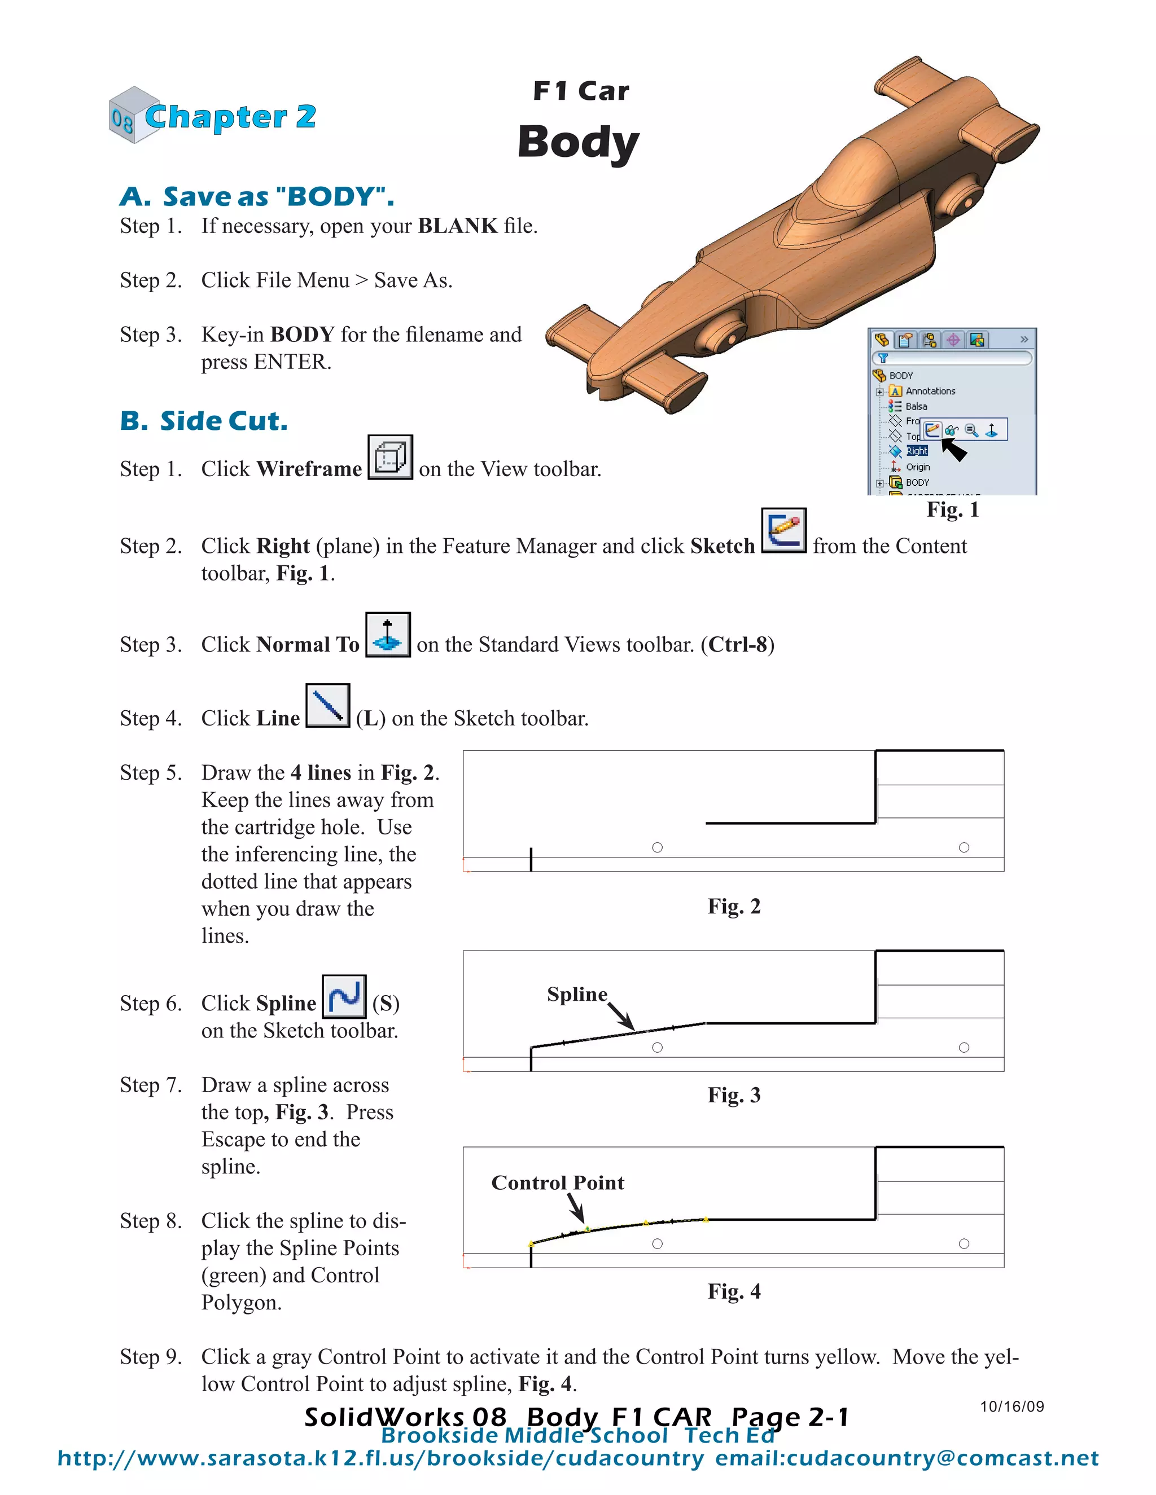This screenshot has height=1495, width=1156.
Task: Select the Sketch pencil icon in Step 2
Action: tap(783, 530)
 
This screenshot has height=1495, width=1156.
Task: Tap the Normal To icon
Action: tap(388, 635)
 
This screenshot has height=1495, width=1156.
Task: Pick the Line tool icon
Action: tap(327, 706)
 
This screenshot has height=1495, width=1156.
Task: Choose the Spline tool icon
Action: tap(344, 997)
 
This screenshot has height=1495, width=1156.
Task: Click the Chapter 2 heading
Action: tap(230, 117)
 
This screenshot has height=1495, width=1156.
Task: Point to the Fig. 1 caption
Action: tap(953, 510)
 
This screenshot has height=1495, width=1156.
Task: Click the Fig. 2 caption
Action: tap(734, 907)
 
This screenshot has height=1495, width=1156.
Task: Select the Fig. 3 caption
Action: tap(734, 1095)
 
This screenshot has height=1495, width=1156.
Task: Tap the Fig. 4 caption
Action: tap(734, 1292)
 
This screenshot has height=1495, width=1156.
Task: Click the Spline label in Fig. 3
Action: tap(577, 995)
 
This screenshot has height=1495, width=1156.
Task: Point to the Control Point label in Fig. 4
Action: tap(558, 1183)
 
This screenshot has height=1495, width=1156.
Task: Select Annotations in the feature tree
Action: tap(930, 392)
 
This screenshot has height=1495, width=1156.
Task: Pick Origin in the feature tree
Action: tap(918, 468)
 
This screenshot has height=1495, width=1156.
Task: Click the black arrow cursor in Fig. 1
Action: tap(954, 450)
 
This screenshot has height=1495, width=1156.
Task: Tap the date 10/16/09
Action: tap(1011, 1406)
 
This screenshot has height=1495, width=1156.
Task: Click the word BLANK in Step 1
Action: tap(457, 226)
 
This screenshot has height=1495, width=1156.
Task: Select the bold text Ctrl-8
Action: tap(738, 645)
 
